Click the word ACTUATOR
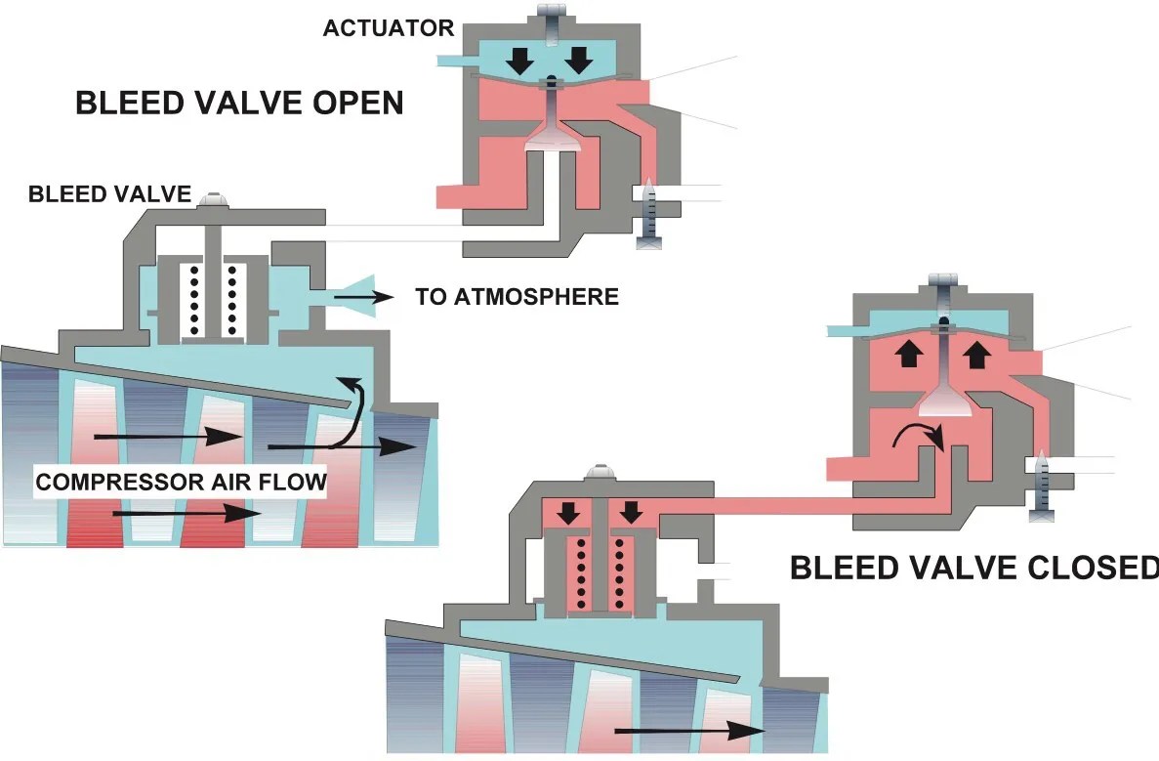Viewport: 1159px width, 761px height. click(389, 27)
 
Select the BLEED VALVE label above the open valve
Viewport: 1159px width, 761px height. click(108, 193)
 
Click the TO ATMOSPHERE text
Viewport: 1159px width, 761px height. click(517, 296)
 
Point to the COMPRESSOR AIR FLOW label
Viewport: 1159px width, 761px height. click(181, 482)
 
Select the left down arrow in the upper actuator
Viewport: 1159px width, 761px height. click(520, 60)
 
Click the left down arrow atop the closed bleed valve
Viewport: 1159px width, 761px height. click(566, 512)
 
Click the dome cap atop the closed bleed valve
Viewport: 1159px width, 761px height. click(598, 473)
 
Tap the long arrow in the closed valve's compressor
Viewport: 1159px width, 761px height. click(687, 729)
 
